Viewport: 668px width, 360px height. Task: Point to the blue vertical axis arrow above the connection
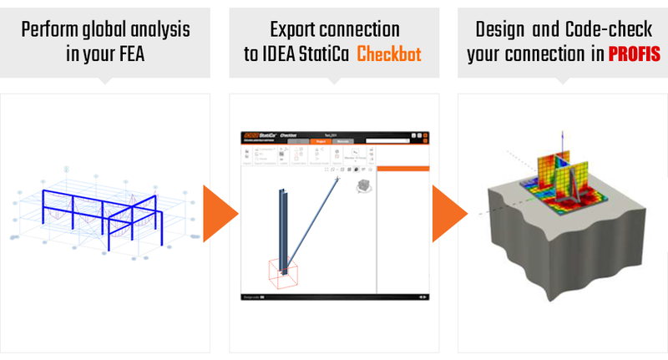point(564,142)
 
